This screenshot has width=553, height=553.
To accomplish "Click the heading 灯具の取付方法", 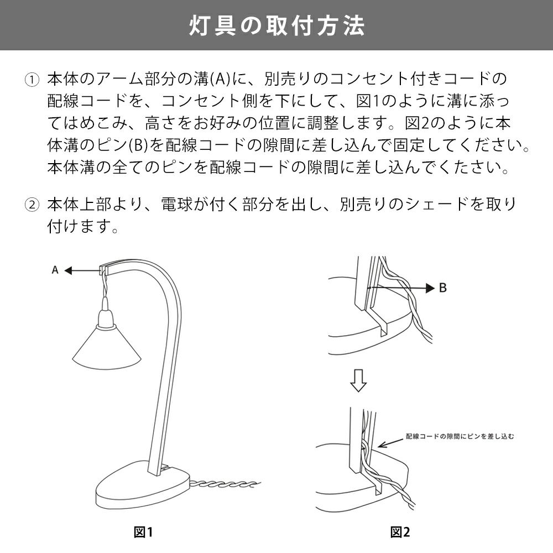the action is [x=276, y=25].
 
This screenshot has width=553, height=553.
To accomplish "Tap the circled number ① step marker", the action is [x=32, y=80].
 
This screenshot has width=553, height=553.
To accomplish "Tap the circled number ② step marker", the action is [x=32, y=205].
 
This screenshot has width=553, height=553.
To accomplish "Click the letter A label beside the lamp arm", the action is [x=55, y=270].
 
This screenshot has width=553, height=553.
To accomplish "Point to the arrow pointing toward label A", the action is [x=82, y=270].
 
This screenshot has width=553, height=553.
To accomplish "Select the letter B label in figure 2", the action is [x=443, y=288].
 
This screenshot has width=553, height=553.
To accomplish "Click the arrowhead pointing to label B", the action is [x=430, y=288].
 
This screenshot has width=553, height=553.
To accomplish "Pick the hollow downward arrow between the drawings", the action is [x=358, y=380].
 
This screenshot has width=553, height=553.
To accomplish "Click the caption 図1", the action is [x=143, y=532].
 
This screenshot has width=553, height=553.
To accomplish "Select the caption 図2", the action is [x=400, y=532].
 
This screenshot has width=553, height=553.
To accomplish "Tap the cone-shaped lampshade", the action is [x=107, y=349].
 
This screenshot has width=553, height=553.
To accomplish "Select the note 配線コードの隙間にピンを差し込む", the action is [x=460, y=436].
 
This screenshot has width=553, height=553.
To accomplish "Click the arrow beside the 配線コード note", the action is [x=391, y=443].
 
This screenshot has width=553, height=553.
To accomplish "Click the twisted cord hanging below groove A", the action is [x=105, y=286].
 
